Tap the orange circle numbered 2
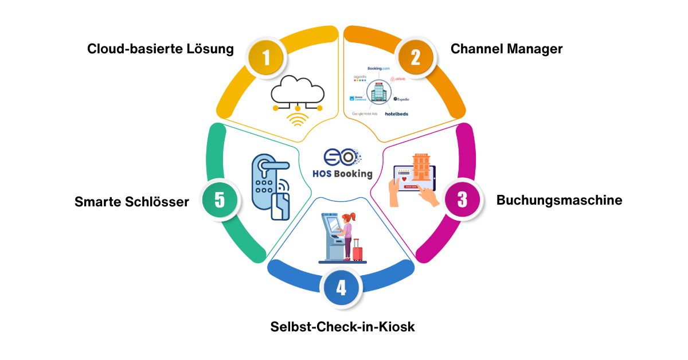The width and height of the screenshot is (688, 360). (x=416, y=57)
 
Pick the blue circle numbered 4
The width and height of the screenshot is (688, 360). (x=341, y=287)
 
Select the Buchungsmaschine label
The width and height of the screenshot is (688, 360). (x=559, y=200)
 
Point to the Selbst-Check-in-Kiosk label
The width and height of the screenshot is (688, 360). (x=342, y=327)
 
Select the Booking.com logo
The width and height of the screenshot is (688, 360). (x=378, y=68)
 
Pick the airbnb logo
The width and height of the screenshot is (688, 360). (x=398, y=79)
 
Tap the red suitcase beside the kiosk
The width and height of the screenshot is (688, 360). (x=358, y=251)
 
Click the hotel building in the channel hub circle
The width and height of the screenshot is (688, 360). (x=377, y=92)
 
